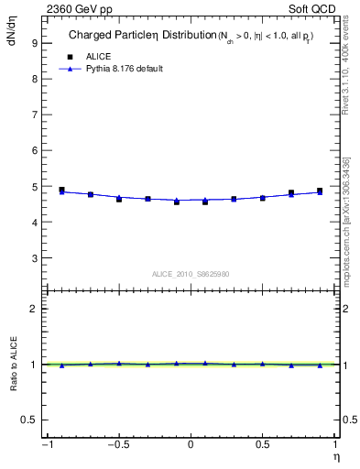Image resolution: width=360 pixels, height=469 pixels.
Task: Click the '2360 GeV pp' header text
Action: (x=77, y=8)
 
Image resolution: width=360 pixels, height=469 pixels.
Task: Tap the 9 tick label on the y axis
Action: (x=33, y=42)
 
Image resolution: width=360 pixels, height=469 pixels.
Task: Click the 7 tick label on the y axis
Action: (x=33, y=115)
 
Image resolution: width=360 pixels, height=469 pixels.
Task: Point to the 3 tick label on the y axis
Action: (x=33, y=258)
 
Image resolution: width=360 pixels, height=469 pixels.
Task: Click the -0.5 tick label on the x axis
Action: (x=116, y=444)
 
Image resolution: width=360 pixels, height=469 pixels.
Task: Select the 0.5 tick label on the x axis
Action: (x=262, y=444)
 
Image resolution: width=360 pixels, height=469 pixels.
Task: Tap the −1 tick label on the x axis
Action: (x=45, y=444)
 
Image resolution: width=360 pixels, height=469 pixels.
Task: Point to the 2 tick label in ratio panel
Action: (x=33, y=310)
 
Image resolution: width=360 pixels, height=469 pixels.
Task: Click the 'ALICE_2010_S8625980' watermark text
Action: (x=190, y=274)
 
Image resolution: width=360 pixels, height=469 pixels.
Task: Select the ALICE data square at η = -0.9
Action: (x=61, y=190)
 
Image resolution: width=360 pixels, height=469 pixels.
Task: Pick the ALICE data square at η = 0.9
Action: (x=320, y=191)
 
